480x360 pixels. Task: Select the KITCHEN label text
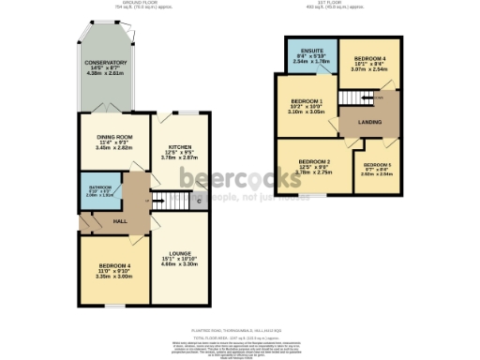click(180, 147)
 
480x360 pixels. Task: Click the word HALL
click(120, 220)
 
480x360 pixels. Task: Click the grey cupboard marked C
click(200, 202)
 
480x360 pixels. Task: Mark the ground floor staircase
click(170, 200)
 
